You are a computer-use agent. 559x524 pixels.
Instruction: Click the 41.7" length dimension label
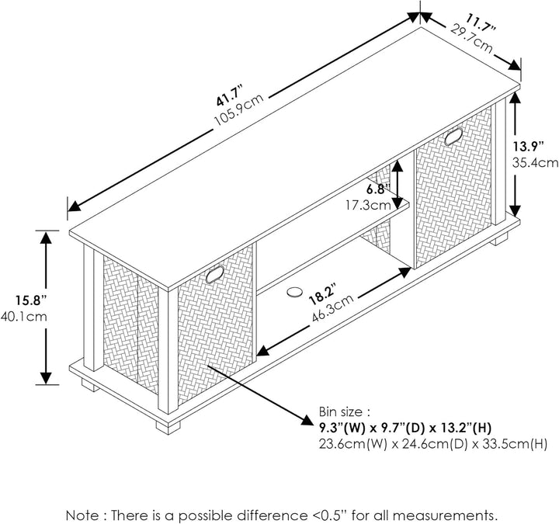coord(230,95)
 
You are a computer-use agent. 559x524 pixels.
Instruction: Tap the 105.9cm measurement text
coord(238,109)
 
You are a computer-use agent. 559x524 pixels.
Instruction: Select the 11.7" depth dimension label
coord(481,23)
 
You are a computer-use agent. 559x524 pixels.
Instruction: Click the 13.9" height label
coord(529,146)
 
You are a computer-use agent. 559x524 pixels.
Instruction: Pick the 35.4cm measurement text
coord(536,162)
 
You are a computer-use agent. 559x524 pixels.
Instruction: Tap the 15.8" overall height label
coord(31,300)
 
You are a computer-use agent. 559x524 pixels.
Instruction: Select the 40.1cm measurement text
coord(24,317)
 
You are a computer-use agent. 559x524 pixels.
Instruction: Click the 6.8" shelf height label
coord(379,189)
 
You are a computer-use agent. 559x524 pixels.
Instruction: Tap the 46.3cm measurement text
coord(332,308)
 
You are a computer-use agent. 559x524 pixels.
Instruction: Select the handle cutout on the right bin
coord(453,136)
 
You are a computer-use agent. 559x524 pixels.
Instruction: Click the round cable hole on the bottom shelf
coord(293,292)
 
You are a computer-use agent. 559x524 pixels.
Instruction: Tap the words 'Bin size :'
coord(345,412)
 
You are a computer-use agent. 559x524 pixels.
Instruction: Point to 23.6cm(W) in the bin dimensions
coord(352,444)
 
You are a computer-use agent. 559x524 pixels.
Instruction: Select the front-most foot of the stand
coord(168,427)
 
